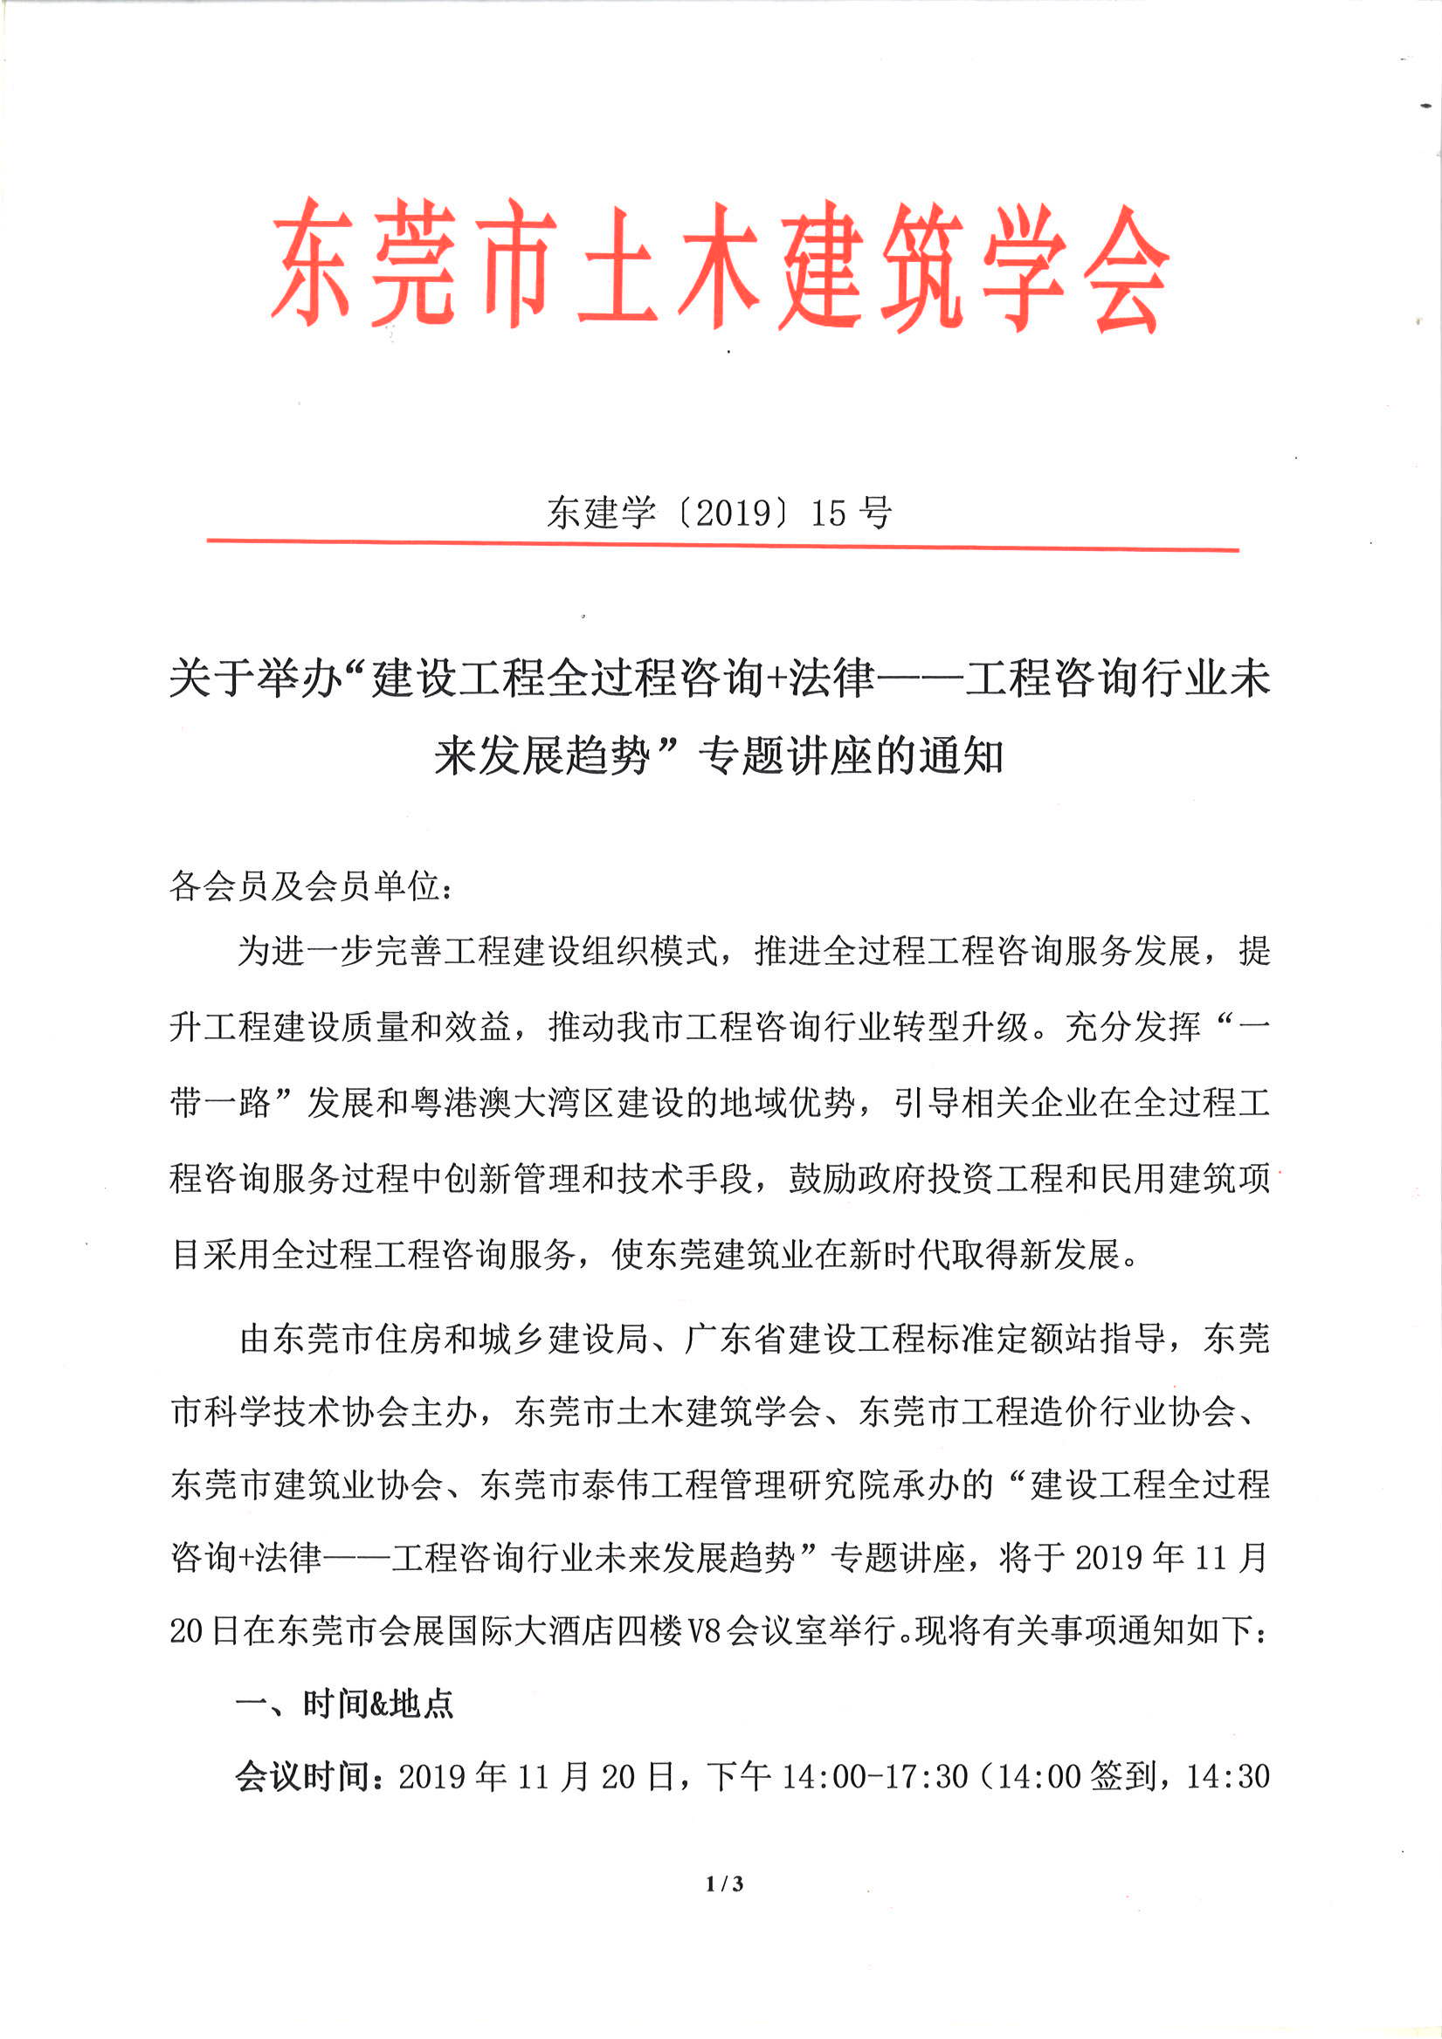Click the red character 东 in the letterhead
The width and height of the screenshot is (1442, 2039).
[312, 263]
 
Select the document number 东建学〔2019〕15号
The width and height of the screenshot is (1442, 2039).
[719, 513]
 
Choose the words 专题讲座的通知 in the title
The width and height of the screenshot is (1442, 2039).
[851, 756]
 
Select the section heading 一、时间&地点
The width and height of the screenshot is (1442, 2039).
[345, 1705]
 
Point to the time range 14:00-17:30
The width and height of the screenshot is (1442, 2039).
[874, 1776]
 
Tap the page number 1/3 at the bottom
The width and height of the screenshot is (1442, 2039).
[724, 1883]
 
